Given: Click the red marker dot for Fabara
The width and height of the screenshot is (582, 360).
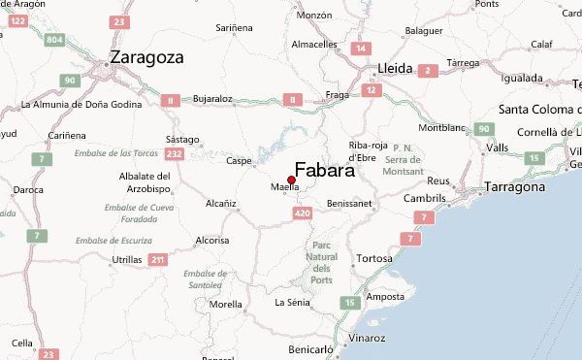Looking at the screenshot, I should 291,180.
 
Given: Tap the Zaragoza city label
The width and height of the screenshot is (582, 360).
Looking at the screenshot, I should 146,56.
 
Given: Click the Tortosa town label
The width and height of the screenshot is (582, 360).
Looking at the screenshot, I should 375,258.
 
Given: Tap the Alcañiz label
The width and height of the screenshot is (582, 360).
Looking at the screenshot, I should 221,204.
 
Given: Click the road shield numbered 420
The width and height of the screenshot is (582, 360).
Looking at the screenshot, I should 302,213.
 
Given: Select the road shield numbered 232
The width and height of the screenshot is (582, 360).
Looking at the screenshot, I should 175,153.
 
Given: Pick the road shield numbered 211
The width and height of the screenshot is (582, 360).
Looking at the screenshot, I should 158,259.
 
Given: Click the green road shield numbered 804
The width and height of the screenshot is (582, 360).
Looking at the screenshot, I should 54,40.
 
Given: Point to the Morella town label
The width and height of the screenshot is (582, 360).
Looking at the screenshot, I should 226,304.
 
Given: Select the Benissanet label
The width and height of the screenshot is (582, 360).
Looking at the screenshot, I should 350,204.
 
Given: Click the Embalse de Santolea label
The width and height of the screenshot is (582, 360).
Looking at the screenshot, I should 206,279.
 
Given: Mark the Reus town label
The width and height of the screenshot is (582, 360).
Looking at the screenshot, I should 439,181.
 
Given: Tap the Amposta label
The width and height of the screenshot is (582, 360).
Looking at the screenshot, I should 384,296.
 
